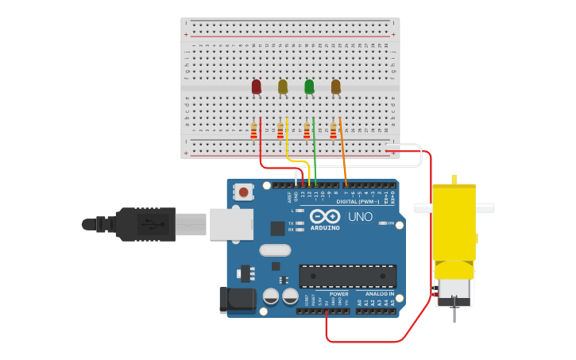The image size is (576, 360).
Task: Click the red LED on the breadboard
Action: tap(256, 86)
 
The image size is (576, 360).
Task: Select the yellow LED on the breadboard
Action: tap(283, 86)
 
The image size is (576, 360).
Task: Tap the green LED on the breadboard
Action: tap(309, 86)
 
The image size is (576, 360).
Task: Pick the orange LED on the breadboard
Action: tap(336, 86)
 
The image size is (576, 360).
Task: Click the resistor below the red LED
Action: tap(253, 131)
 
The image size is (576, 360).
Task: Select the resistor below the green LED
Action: tap(307, 131)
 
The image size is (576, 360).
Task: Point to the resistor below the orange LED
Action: tap(334, 131)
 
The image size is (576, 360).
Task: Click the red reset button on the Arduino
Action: tap(243, 192)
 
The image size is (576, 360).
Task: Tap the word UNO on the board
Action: tap(360, 217)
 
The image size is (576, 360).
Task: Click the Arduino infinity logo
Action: tap(325, 216)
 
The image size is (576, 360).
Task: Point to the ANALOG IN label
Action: tap(379, 294)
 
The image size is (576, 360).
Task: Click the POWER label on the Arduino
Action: tap(339, 294)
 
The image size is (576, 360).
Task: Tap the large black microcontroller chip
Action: tap(347, 276)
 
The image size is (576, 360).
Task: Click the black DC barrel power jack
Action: tap(236, 299)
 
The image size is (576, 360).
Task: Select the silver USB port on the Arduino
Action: tap(231, 224)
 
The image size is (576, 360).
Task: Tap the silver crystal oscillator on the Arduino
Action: tap(275, 250)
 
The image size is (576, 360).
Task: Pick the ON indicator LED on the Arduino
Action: tap(383, 223)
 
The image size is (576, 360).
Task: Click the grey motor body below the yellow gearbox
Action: tap(454, 291)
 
